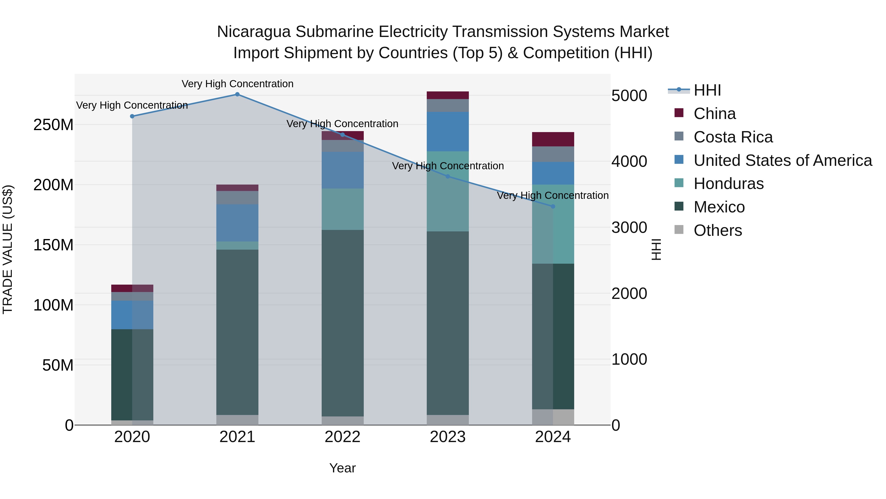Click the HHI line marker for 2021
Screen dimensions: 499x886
[x=237, y=94]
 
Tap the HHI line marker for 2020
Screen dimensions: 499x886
[x=132, y=116]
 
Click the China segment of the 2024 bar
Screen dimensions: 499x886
[x=553, y=139]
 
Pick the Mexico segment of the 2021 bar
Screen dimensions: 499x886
[x=237, y=332]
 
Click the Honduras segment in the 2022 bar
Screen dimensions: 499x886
[x=343, y=209]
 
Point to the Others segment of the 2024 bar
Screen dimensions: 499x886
[x=553, y=417]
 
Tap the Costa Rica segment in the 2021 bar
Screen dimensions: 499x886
[x=237, y=198]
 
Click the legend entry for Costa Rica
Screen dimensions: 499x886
[x=733, y=137]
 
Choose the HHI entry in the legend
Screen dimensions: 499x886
[x=707, y=90]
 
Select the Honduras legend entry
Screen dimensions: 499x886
[x=728, y=184]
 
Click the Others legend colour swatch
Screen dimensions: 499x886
[x=679, y=230]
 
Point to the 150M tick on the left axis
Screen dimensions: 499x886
[x=53, y=245]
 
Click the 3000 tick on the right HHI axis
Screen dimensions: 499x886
[x=629, y=228]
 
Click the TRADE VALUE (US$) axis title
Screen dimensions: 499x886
[x=8, y=249]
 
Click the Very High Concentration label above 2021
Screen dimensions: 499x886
[x=237, y=84]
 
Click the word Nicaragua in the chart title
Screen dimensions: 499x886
[x=253, y=32]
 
